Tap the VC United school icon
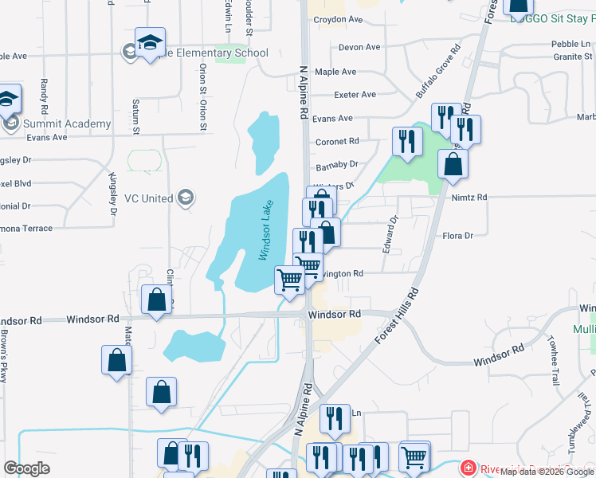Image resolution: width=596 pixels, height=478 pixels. [186, 198]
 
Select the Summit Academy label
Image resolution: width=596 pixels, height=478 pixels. [67, 123]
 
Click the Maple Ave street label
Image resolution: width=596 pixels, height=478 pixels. [335, 72]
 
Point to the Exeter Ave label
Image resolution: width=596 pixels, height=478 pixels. [355, 95]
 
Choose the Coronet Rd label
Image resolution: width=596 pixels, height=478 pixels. [337, 142]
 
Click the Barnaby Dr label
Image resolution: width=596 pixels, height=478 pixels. [337, 164]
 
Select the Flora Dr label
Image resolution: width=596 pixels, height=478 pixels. [457, 236]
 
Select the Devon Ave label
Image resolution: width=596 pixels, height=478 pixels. [359, 48]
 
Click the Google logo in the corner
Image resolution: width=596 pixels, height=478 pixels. [26, 468]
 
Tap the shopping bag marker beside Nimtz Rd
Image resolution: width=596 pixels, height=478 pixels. [453, 166]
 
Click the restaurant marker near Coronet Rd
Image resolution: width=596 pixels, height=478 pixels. [407, 143]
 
